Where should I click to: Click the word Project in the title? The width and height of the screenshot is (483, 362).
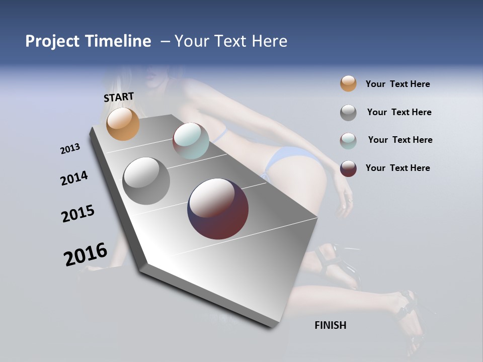click(52, 41)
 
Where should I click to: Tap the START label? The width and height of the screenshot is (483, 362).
click(119, 97)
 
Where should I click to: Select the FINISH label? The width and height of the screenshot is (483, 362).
click(330, 325)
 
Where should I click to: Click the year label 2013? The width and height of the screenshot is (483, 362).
click(70, 149)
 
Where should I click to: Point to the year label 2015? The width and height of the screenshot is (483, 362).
click(78, 214)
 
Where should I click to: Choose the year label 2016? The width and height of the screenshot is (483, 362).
click(86, 254)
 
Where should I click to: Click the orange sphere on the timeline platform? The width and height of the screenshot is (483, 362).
click(123, 124)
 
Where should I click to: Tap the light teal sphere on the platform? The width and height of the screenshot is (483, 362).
click(191, 141)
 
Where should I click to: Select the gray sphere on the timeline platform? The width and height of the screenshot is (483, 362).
click(146, 181)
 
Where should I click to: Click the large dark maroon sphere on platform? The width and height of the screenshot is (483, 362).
click(218, 209)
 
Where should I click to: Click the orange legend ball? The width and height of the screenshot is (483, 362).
click(348, 83)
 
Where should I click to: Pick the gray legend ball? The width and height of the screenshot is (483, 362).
click(348, 113)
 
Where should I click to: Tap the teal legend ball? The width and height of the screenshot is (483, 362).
click(348, 140)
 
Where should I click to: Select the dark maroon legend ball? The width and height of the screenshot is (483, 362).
click(348, 168)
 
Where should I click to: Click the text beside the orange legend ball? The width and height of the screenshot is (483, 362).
click(397, 84)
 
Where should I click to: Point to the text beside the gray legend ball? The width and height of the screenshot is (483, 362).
click(399, 112)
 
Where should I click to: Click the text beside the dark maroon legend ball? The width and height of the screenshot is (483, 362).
click(397, 168)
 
